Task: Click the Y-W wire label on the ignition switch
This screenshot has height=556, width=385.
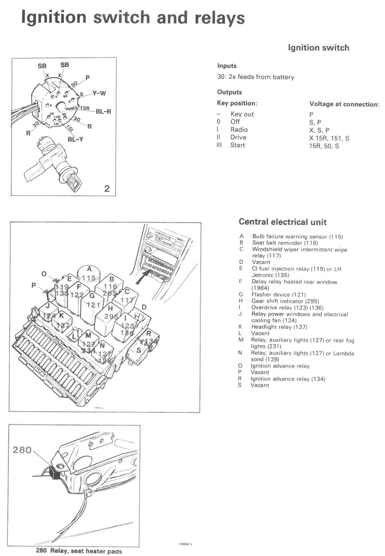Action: [x=99, y=93]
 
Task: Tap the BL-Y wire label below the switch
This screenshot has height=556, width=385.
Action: [x=75, y=139]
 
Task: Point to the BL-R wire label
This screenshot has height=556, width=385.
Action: [x=103, y=112]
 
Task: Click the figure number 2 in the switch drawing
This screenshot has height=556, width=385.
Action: [x=107, y=188]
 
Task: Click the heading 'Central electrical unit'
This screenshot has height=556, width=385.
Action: [x=283, y=222]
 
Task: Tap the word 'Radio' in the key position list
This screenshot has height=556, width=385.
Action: [x=239, y=130]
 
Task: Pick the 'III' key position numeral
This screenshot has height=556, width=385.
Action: [x=219, y=145]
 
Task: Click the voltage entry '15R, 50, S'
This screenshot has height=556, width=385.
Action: [x=324, y=146]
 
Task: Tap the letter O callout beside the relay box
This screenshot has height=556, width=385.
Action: [x=44, y=274]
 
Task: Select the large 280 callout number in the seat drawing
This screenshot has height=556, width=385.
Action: [x=22, y=450]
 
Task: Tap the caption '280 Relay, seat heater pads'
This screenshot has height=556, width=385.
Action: [x=79, y=551]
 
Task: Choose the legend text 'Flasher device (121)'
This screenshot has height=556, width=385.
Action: [x=278, y=295]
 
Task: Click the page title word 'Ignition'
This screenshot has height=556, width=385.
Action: [x=54, y=17]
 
